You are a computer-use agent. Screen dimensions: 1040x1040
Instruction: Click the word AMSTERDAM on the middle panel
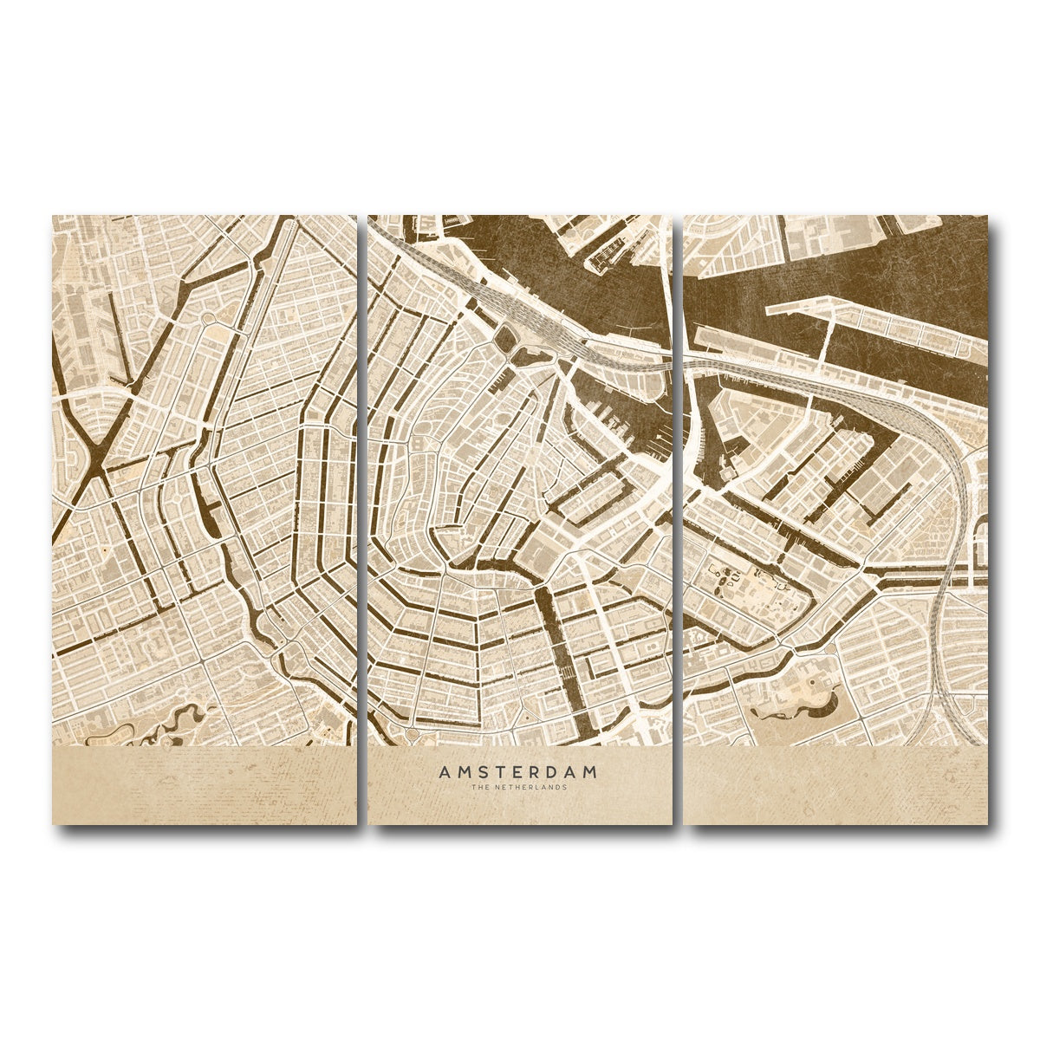518,770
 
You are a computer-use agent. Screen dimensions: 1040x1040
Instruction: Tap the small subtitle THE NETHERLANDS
518,788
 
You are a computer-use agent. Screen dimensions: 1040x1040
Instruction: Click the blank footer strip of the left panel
204,784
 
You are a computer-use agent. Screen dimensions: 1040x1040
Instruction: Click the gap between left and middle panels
362,520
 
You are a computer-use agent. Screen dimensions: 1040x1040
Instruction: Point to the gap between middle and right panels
678,520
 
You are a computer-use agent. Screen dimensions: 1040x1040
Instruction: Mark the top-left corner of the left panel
53,217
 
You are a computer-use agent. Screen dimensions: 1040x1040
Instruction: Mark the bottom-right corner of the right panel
987,823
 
